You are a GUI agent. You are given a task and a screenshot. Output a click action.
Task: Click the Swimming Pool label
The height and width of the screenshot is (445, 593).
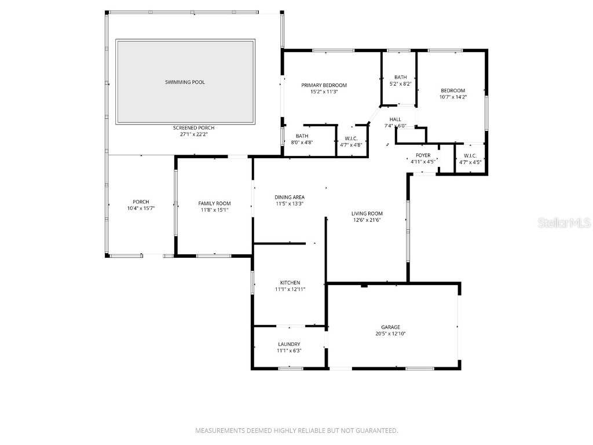(185, 82)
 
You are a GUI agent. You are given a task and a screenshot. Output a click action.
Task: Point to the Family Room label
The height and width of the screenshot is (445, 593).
(214, 203)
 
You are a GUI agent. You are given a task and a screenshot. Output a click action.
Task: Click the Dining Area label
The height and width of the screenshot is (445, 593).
(289, 197)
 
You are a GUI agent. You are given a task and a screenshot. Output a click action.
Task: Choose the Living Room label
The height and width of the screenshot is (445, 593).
(367, 213)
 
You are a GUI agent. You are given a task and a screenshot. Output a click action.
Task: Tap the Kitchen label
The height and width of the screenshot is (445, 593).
(289, 283)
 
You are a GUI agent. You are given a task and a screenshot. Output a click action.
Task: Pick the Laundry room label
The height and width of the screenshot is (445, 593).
(289, 344)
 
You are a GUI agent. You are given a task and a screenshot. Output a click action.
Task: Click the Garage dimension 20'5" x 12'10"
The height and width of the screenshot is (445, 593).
(390, 334)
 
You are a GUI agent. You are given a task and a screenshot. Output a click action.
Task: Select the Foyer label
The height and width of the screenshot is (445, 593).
(423, 155)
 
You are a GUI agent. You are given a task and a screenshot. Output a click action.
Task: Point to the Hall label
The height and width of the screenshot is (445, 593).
(395, 119)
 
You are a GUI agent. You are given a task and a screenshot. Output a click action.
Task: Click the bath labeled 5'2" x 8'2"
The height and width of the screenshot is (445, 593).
(400, 81)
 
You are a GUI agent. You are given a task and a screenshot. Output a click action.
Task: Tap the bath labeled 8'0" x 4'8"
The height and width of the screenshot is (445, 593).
(302, 139)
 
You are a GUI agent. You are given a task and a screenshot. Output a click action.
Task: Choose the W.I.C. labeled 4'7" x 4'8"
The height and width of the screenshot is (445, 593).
(351, 141)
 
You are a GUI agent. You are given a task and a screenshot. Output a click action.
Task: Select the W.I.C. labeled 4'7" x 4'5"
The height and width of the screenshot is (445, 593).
(470, 159)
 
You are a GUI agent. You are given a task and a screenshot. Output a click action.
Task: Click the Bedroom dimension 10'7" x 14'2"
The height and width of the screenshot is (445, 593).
(453, 97)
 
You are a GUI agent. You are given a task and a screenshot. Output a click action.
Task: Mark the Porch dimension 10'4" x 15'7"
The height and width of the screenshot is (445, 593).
(141, 208)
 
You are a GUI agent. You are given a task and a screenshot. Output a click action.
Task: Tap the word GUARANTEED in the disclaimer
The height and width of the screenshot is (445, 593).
(378, 431)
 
